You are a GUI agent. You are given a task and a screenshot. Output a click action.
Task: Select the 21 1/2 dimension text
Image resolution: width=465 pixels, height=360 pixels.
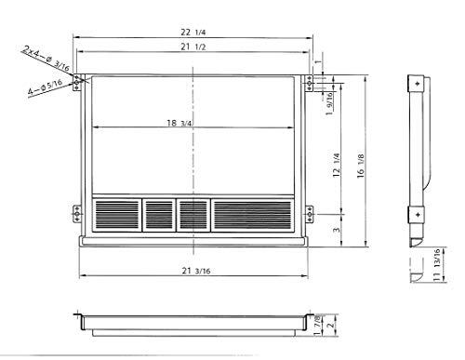pyautogui.click(x=193, y=47)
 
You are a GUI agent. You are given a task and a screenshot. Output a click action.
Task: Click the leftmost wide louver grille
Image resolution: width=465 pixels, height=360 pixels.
pyautogui.click(x=116, y=214)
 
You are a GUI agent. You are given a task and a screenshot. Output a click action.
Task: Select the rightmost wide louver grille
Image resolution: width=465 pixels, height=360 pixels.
pyautogui.click(x=252, y=214)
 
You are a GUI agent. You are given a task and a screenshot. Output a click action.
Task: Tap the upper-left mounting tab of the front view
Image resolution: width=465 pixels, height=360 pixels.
pyautogui.click(x=81, y=82)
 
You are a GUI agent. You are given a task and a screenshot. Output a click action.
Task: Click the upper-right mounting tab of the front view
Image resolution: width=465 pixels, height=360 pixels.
pyautogui.click(x=310, y=84)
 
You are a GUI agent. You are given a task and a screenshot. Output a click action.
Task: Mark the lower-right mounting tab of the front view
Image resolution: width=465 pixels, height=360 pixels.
pyautogui.click(x=310, y=215)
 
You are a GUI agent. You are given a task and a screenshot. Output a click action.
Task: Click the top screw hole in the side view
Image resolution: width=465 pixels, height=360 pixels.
pyautogui.click(x=418, y=86)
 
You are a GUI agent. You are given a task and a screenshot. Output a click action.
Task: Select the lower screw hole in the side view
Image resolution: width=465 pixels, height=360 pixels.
pyautogui.click(x=418, y=215)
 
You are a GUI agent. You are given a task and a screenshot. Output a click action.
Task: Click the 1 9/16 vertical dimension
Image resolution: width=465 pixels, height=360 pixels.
pyautogui.click(x=327, y=104)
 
